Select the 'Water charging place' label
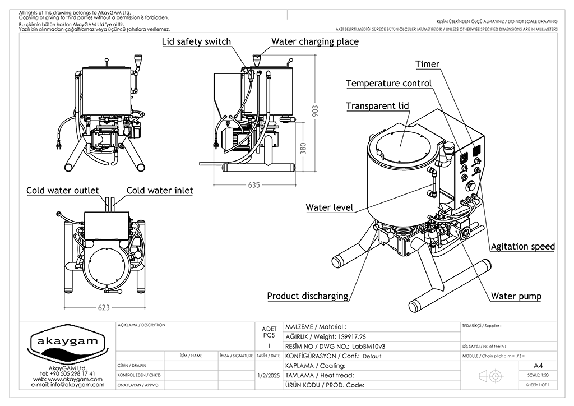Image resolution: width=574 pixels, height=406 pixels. pos(315,41)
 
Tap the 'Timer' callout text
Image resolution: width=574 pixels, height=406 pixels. pos(427,64)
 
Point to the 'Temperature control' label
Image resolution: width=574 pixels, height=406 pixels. pos(388,84)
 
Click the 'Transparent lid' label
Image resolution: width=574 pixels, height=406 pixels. pos(377,106)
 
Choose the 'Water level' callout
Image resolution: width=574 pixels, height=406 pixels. pos(329,207)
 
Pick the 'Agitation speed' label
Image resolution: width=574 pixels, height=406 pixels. pos(522,246)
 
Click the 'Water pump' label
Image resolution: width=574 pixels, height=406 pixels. pos(516,296)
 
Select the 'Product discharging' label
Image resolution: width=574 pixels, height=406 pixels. pos(307,296)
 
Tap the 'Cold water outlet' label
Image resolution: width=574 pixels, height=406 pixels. pos(63,191)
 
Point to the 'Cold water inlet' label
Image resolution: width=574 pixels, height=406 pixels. pos(160,191)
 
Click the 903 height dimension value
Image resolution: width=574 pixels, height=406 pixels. pos(315,114)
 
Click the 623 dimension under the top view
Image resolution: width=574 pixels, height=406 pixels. pos(104,307)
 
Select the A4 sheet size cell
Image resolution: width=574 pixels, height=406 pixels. pos(538,365)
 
